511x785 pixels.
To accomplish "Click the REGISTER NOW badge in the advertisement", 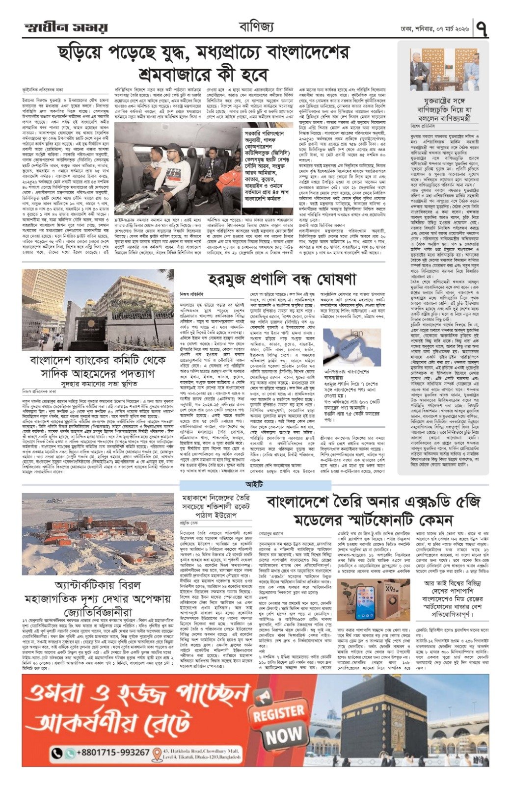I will tap(278, 721).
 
